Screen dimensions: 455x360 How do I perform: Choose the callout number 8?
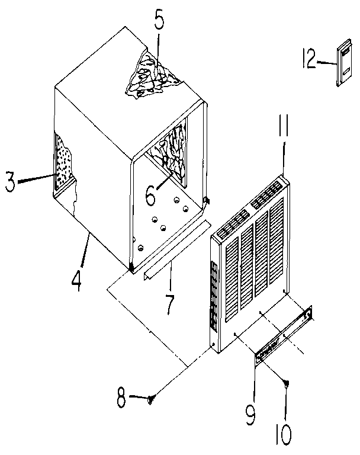click(x=121, y=399)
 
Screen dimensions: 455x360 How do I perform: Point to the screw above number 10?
click(x=287, y=384)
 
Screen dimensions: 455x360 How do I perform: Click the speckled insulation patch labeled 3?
click(x=64, y=162)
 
